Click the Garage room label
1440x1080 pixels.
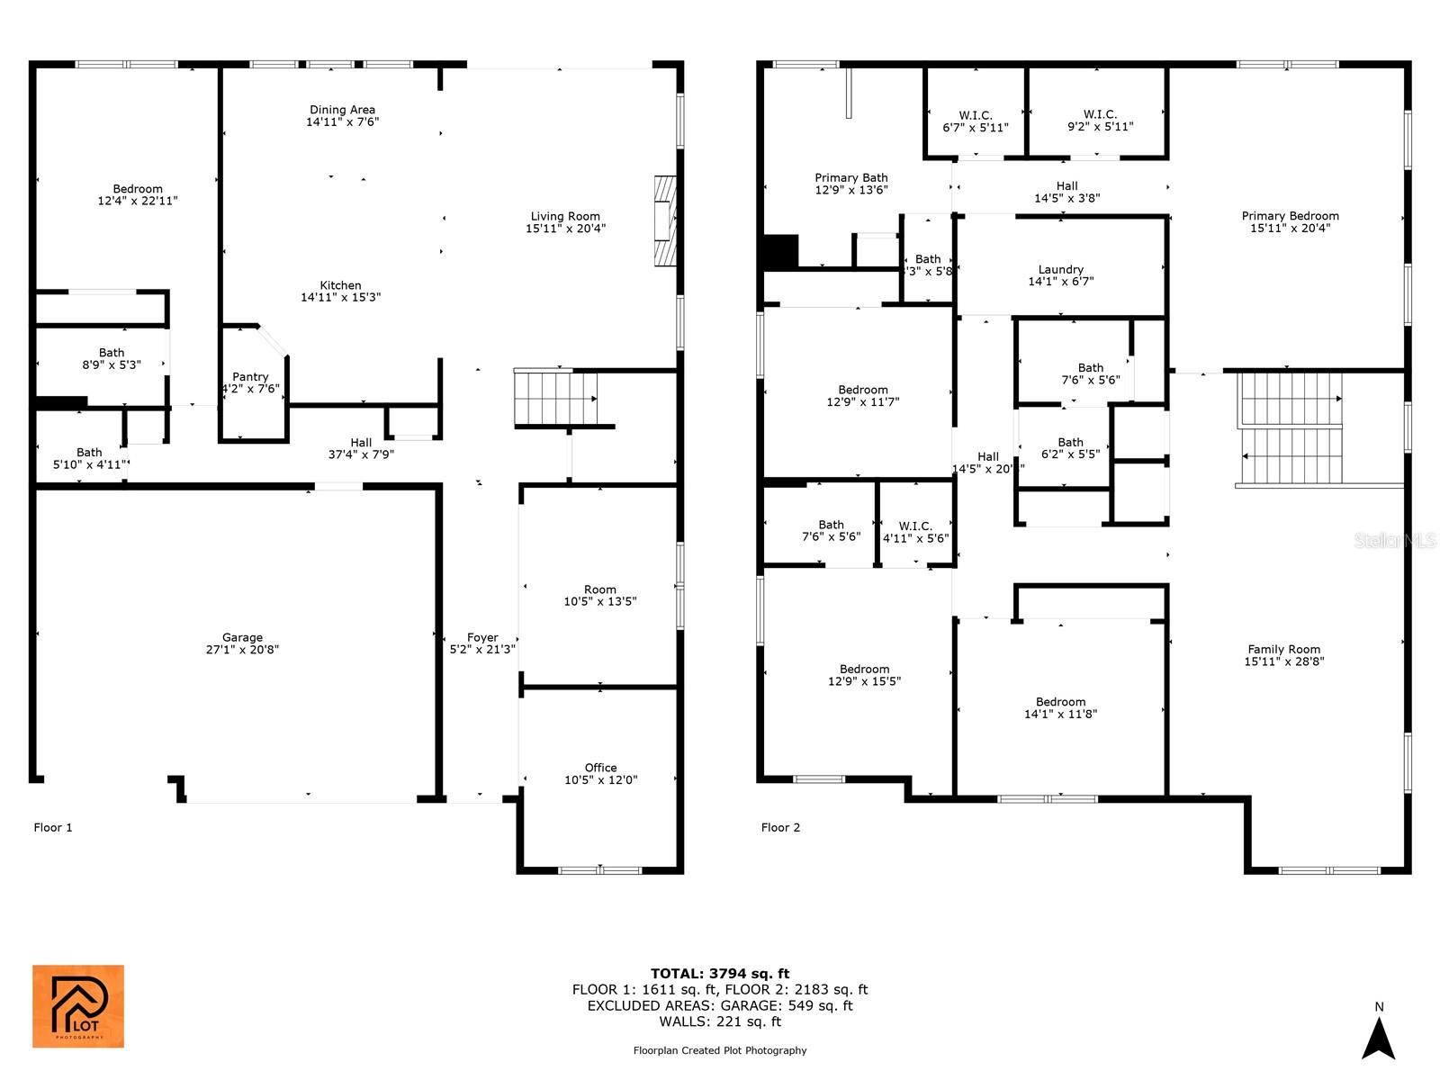242,638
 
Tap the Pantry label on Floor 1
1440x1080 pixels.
250,377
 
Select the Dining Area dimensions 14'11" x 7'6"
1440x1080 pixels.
342,122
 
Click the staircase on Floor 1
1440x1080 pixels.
555,398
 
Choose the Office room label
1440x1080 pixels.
600,768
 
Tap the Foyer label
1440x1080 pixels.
482,638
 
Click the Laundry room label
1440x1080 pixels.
1060,269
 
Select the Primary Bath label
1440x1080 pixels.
850,178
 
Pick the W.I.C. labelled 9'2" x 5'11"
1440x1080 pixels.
1100,121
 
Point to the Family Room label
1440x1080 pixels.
1283,650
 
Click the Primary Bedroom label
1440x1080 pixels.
1290,216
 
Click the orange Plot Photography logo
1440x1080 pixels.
78,1006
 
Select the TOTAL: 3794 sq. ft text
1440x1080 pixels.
720,974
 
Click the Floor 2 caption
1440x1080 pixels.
780,828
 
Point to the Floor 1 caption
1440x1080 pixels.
53,828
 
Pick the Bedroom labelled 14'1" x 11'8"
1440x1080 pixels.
1060,708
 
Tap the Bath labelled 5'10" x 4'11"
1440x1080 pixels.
89,458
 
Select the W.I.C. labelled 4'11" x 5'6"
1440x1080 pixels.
915,532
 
